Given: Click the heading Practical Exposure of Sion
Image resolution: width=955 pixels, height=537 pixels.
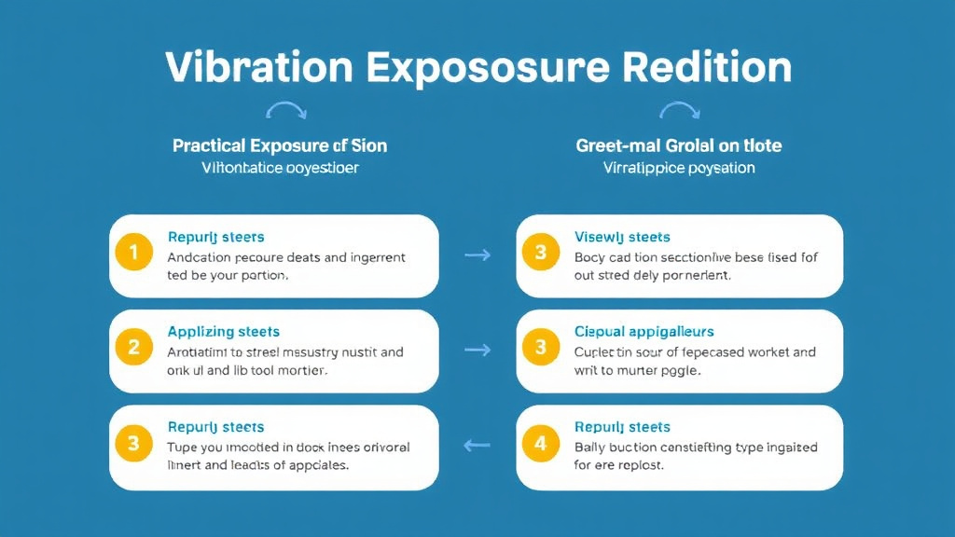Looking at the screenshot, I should (x=280, y=145).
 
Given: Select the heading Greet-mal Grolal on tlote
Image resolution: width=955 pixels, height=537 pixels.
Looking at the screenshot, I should (x=679, y=145).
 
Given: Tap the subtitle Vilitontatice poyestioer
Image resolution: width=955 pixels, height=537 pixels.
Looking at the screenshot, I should (x=280, y=169).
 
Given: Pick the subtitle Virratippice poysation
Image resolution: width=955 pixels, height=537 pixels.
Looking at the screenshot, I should (x=679, y=169).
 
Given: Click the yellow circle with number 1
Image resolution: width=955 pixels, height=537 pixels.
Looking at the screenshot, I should (x=133, y=253).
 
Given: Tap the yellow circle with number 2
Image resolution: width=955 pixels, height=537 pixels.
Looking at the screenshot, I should (x=133, y=348).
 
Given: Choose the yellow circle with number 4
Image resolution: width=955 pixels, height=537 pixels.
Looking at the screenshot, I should (x=540, y=444).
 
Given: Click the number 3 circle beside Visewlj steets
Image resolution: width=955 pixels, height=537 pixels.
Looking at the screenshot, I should (x=540, y=253).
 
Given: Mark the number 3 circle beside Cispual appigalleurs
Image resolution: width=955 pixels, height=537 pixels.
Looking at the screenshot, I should (x=540, y=348).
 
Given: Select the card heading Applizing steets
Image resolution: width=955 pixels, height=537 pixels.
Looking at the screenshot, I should (x=224, y=332).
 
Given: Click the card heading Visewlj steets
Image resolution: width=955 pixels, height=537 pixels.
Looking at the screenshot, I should (x=622, y=237).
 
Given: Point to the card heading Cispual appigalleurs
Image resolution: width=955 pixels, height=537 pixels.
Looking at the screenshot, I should (x=644, y=332).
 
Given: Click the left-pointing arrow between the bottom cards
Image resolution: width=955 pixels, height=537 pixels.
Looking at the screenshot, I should (x=477, y=445).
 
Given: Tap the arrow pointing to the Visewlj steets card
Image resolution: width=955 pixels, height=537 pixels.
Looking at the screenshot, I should (x=477, y=254).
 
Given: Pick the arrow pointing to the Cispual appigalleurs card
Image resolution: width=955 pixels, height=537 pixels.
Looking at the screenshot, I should (x=477, y=350).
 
